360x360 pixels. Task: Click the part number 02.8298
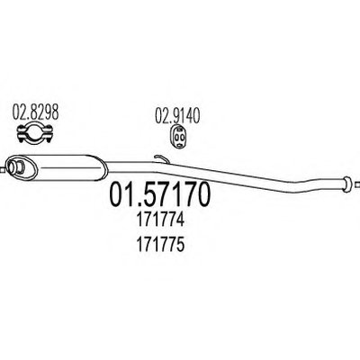pos(35,113)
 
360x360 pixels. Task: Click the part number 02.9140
pos(177,115)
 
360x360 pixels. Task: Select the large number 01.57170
pos(160,194)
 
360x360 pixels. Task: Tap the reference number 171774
pos(160,221)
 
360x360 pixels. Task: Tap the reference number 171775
pos(160,246)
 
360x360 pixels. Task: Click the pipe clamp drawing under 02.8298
pos(35,133)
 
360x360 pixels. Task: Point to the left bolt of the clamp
pos(21,133)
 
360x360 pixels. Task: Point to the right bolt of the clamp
pos(49,133)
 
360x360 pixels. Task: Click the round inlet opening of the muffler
pos(16,166)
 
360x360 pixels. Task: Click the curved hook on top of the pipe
pos(161,158)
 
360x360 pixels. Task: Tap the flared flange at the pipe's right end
pos(346,184)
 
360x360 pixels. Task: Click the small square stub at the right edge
pos(356,184)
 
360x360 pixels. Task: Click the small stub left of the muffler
pos(3,170)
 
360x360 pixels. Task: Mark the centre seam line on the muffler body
pos(66,168)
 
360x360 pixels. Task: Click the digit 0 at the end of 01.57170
pos(202,194)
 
